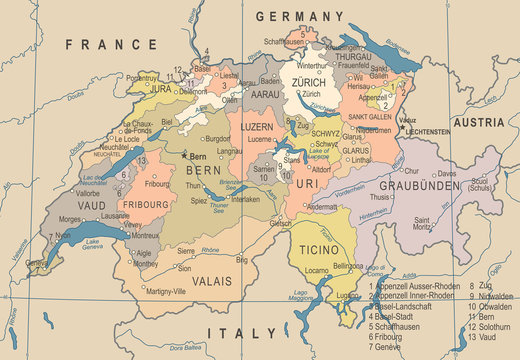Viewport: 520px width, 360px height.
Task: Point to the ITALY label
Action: click(x=240, y=332)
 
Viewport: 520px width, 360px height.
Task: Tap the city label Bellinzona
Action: click(x=347, y=266)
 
